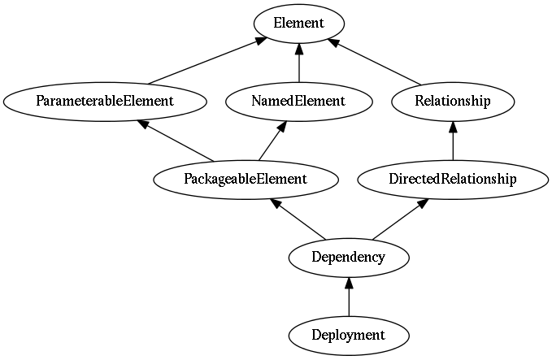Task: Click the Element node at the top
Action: pyautogui.click(x=299, y=24)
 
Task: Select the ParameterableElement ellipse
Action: pyautogui.click(x=105, y=102)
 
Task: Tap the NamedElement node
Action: pyautogui.click(x=299, y=102)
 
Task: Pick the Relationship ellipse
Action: pyautogui.click(x=453, y=102)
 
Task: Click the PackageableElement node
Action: pyautogui.click(x=246, y=180)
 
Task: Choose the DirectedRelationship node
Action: pyautogui.click(x=453, y=180)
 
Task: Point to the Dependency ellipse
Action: pyautogui.click(x=349, y=258)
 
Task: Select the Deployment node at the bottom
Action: pyautogui.click(x=349, y=336)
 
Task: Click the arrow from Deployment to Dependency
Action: pyautogui.click(x=349, y=297)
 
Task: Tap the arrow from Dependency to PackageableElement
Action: pyautogui.click(x=297, y=219)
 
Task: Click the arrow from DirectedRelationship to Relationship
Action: pyautogui.click(x=453, y=141)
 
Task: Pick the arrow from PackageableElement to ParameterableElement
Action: pyautogui.click(x=176, y=141)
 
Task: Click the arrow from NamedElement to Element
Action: pyautogui.click(x=299, y=63)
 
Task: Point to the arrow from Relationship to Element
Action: pyautogui.click(x=374, y=62)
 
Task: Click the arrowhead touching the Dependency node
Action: pyautogui.click(x=349, y=283)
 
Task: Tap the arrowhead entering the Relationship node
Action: pyautogui.click(x=453, y=127)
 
